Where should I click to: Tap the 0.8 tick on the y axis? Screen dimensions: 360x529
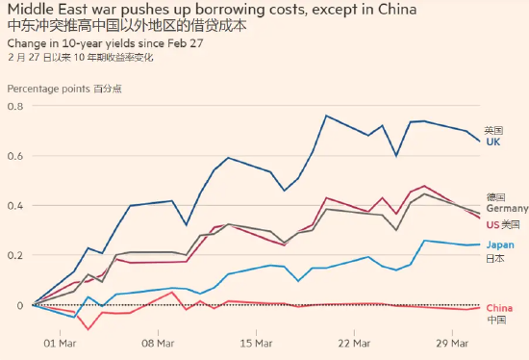13,106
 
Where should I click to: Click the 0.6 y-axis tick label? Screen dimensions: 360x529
13,156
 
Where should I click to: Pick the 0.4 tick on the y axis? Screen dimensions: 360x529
13,206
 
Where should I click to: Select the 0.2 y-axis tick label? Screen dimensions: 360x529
13,256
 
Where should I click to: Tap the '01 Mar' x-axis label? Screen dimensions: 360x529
61,343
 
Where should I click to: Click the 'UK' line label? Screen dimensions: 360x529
492,142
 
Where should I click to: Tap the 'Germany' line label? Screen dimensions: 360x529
506,209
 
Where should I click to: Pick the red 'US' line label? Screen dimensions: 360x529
492,224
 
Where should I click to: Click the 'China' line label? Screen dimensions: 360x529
498,307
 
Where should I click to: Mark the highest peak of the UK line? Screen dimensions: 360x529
326,116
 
